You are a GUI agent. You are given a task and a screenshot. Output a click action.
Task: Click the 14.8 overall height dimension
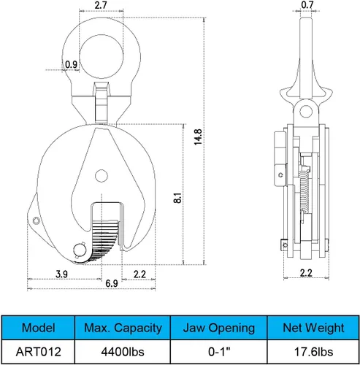[x=198, y=137]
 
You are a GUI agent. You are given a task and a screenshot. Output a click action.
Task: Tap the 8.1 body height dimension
[x=177, y=198]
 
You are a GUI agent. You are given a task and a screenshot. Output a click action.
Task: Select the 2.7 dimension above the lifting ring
[x=101, y=5]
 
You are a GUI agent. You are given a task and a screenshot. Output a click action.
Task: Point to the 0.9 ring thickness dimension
[x=71, y=64]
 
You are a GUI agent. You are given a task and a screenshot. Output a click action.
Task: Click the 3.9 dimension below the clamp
[x=61, y=274]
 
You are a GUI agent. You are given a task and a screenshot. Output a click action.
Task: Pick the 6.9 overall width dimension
[x=112, y=283]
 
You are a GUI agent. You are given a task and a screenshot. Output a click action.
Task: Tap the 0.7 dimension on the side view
[x=307, y=5]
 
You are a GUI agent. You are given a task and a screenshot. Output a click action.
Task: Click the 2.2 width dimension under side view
[x=306, y=273]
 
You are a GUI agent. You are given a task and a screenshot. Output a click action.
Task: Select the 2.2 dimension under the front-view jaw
[x=139, y=274]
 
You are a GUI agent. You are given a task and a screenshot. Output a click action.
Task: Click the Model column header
[x=38, y=328]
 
